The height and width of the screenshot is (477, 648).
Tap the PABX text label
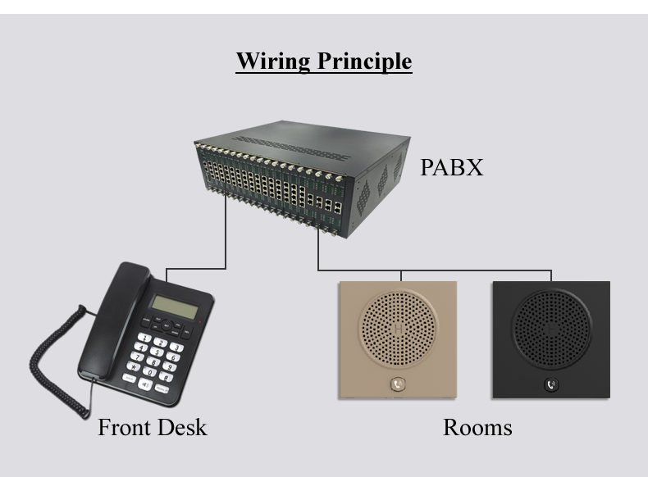[451, 168]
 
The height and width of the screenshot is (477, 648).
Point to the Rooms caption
[477, 427]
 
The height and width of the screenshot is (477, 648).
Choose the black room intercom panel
[550, 340]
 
